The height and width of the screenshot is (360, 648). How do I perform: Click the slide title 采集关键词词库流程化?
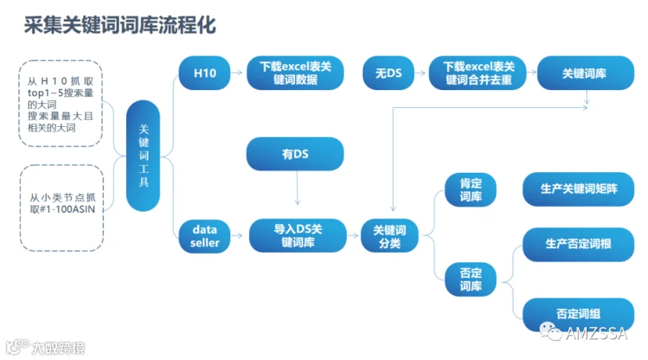point(120,25)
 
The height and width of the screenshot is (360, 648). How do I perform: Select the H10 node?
point(204,73)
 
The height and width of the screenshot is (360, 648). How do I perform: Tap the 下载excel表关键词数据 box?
point(295,73)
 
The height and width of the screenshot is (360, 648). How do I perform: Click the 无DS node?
point(389,73)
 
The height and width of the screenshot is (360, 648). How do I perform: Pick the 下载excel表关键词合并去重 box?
point(478,73)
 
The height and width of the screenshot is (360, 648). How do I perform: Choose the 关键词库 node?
point(585,73)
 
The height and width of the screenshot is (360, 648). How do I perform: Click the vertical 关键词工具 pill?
point(143,156)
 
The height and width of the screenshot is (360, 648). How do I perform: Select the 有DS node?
point(295,154)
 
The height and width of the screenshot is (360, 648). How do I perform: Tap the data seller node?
point(204,236)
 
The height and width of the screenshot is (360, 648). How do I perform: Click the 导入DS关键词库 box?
point(297,235)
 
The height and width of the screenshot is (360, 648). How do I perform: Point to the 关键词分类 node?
point(390,235)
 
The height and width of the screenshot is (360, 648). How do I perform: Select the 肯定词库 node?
point(471,189)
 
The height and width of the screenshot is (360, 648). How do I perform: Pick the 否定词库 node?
point(471,279)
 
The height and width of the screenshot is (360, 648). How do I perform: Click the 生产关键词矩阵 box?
point(579,189)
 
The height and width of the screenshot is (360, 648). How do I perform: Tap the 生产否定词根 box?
point(579,244)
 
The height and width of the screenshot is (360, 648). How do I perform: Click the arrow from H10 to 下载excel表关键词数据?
point(237,73)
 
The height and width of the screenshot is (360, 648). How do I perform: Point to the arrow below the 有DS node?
point(297,188)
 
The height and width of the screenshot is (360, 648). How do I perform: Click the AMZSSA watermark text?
point(596,333)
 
